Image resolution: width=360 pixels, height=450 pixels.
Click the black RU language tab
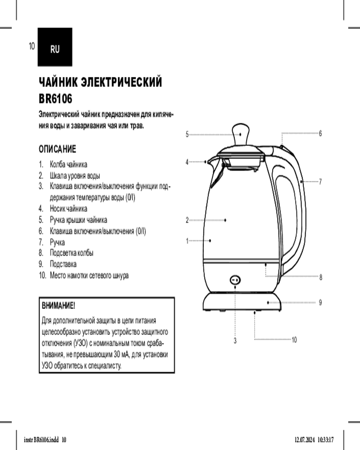pyautogui.click(x=55, y=47)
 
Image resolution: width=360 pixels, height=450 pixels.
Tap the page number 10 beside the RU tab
pyautogui.click(x=31, y=46)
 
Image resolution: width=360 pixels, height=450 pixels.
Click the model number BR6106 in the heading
pyautogui.click(x=55, y=99)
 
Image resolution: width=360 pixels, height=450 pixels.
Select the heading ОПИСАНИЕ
pyautogui.click(x=58, y=149)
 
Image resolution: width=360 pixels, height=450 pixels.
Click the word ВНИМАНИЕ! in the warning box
pyautogui.click(x=58, y=306)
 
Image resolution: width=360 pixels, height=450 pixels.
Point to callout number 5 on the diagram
pyautogui.click(x=187, y=134)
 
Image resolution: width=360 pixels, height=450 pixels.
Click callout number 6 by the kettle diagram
pyautogui.click(x=320, y=133)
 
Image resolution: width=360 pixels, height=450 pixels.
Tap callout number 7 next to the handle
pyautogui.click(x=320, y=181)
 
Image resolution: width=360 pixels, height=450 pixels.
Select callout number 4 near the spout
pyautogui.click(x=187, y=162)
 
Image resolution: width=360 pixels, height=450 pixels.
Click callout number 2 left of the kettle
pyautogui.click(x=187, y=220)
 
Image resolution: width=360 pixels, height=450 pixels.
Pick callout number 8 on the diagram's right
pyautogui.click(x=321, y=277)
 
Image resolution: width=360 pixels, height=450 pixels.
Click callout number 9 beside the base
pyautogui.click(x=320, y=302)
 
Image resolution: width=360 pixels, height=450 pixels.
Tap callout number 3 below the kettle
pyautogui.click(x=235, y=341)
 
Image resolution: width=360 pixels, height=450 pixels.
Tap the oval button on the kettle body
pyautogui.click(x=235, y=280)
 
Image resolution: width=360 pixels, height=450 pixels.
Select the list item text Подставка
pyautogui.click(x=63, y=264)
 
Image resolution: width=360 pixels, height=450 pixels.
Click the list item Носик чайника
pyautogui.click(x=68, y=208)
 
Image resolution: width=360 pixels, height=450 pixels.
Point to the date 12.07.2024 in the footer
pyautogui.click(x=305, y=440)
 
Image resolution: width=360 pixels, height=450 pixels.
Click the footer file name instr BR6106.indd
pyautogui.click(x=41, y=440)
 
